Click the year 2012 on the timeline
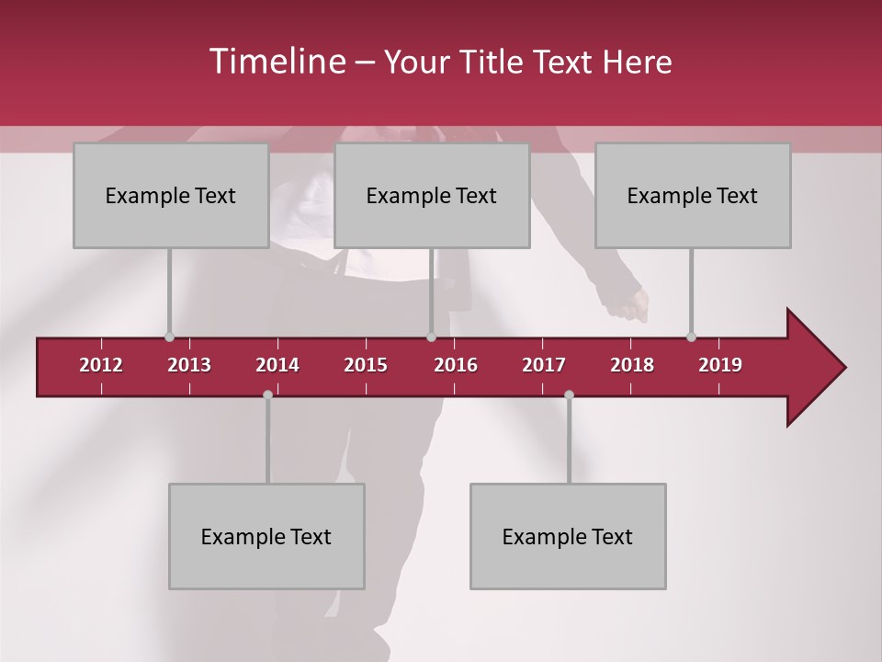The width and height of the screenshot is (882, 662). [101, 365]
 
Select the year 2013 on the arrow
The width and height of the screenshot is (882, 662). [189, 365]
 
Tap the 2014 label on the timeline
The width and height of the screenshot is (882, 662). [277, 365]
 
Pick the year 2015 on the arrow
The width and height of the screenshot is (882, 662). [366, 365]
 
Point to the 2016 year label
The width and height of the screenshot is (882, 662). [456, 365]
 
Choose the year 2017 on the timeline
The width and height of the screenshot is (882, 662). [544, 365]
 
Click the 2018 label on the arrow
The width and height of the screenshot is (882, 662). [632, 365]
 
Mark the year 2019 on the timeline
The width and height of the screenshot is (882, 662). [720, 365]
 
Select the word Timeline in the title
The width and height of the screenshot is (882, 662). [276, 62]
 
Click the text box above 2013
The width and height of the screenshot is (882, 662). [171, 195]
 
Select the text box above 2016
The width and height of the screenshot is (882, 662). [432, 195]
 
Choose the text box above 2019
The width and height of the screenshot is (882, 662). [693, 195]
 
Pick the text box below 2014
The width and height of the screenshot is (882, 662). [266, 536]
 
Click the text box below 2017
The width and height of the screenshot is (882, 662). [568, 536]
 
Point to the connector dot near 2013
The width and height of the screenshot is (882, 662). [169, 337]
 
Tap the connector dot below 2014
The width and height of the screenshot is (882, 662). [267, 394]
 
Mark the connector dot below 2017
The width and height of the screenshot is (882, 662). [569, 394]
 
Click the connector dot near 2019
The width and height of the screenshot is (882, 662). [691, 337]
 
